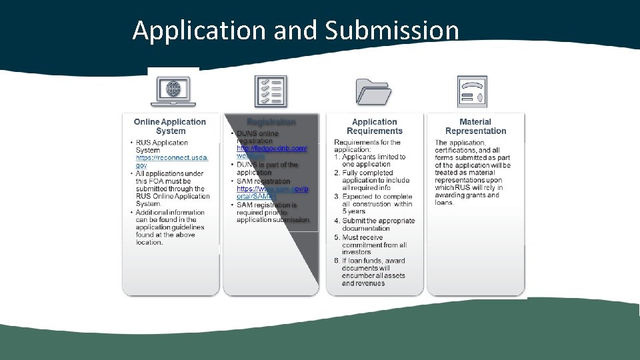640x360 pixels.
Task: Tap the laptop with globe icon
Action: (x=173, y=91)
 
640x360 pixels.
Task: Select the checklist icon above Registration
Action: (x=271, y=91)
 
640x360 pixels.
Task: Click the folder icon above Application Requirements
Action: (x=374, y=91)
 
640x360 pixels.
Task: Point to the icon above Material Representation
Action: (x=472, y=91)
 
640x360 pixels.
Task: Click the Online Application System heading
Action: (x=170, y=127)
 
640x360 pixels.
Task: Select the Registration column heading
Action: (x=271, y=122)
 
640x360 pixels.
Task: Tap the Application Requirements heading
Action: (x=374, y=127)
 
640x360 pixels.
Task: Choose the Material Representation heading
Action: (x=475, y=127)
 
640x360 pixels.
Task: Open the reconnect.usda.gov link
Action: (x=172, y=161)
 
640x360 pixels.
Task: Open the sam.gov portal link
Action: (x=272, y=193)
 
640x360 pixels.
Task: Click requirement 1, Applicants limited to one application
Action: (x=373, y=161)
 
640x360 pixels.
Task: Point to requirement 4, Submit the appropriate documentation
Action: (x=378, y=225)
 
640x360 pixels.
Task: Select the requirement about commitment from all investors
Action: (x=374, y=245)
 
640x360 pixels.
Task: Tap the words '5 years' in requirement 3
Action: (x=353, y=213)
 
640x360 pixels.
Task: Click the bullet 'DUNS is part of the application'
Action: (x=267, y=169)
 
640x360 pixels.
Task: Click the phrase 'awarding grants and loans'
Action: (x=467, y=199)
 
